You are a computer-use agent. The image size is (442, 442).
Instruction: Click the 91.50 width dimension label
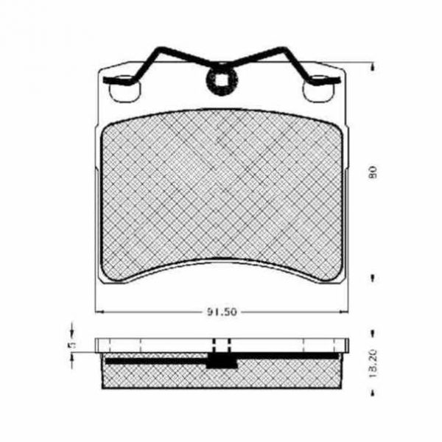pyautogui.click(x=222, y=312)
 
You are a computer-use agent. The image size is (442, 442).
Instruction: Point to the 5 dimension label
pyautogui.click(x=73, y=345)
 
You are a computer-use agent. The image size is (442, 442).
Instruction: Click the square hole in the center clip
pyautogui.click(x=222, y=80)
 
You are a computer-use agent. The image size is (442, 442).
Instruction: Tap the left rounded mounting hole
pyautogui.click(x=124, y=88)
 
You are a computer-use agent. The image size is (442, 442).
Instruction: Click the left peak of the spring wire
pyautogui.click(x=161, y=49)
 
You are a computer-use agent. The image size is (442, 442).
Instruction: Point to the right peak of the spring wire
pyautogui.click(x=281, y=49)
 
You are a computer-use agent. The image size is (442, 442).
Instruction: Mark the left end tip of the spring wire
pyautogui.click(x=105, y=80)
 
